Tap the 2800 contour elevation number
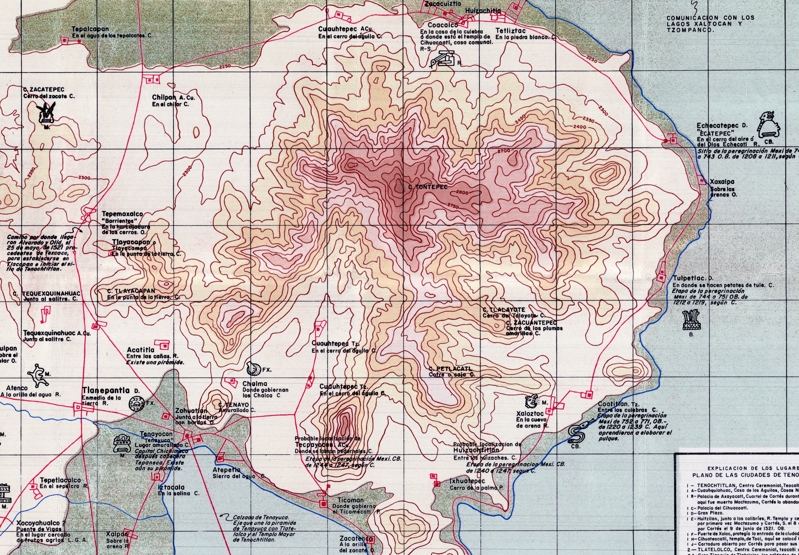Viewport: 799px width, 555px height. tap(462, 192)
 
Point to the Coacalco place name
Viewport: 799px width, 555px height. tap(443, 25)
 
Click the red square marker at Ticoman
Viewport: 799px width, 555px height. tap(324, 504)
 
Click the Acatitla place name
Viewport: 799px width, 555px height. tap(140, 350)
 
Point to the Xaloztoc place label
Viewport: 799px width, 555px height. tap(530, 414)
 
